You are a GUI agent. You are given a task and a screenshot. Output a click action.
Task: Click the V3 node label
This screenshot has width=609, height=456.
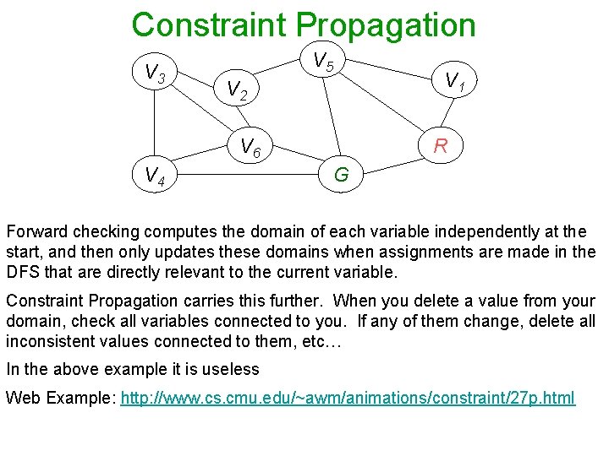pos(155,74)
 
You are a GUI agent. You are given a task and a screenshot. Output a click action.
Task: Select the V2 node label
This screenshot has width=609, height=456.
pos(236,89)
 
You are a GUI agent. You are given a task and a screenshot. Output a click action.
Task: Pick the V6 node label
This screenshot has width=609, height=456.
pos(251,148)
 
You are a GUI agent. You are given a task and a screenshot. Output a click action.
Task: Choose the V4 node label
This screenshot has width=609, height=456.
pos(155,176)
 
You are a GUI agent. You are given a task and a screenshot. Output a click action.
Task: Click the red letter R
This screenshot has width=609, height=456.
pos(440,146)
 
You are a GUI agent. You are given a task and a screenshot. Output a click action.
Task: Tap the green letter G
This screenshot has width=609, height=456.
pos(342,176)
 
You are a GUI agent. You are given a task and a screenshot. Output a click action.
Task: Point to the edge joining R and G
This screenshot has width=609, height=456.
pos(391,160)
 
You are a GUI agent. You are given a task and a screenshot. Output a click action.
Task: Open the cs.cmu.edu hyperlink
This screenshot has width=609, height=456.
pos(348,398)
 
